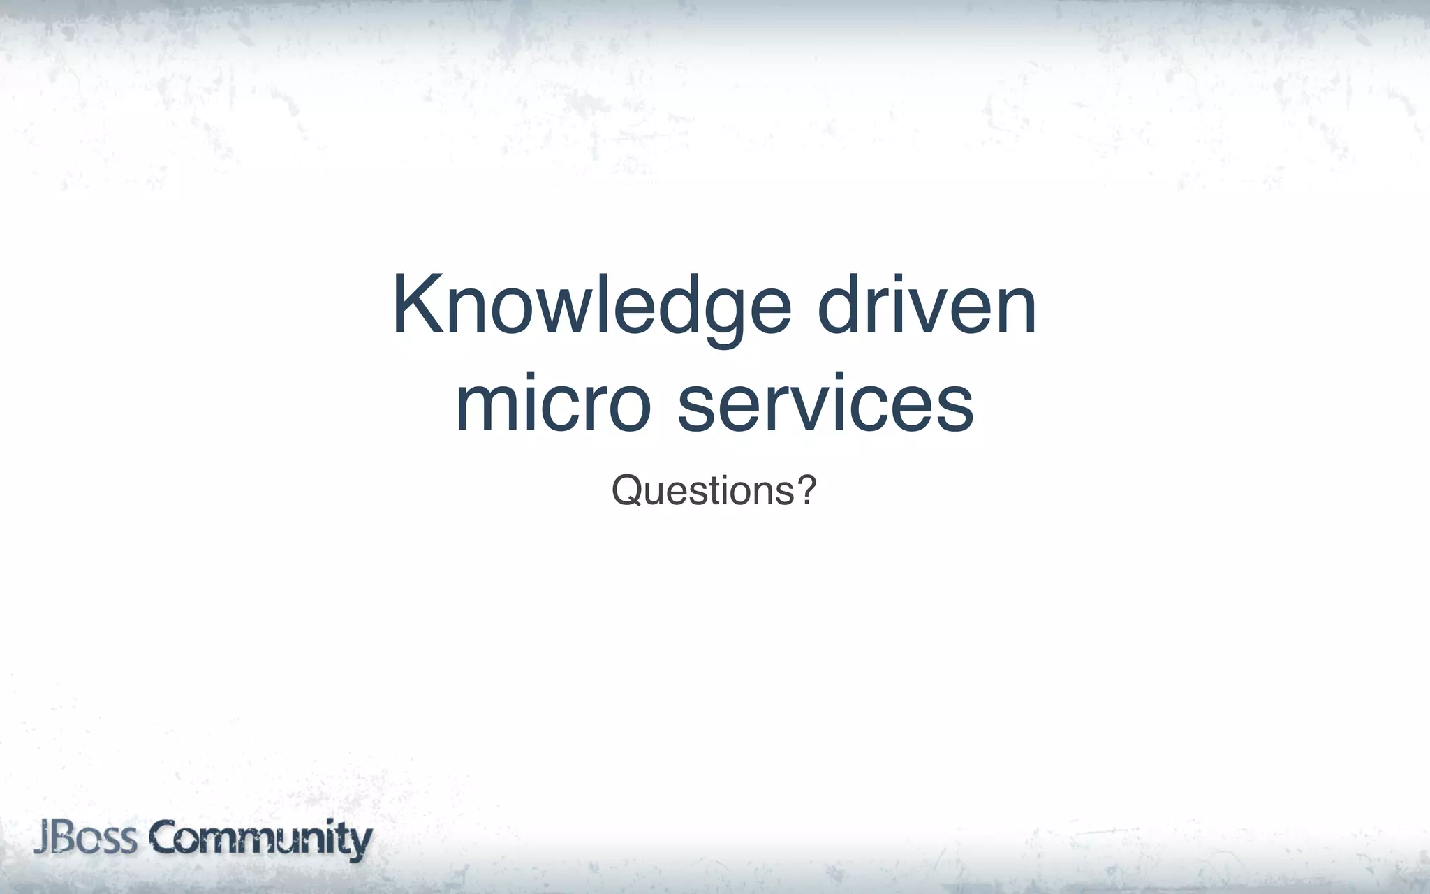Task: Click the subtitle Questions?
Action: pyautogui.click(x=714, y=490)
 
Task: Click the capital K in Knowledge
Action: pyautogui.click(x=417, y=305)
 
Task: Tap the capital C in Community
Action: pyautogui.click(x=165, y=839)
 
